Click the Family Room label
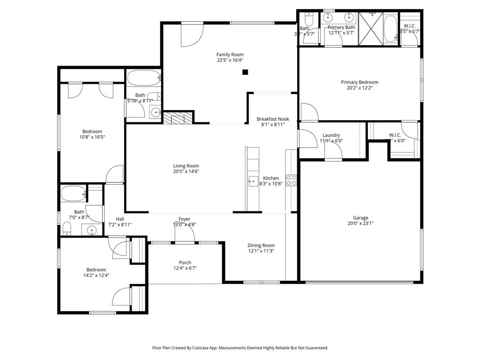click(x=230, y=54)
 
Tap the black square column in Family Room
click(x=245, y=72)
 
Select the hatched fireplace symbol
click(x=178, y=118)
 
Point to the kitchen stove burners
click(x=291, y=180)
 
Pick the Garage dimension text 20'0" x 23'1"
click(x=360, y=224)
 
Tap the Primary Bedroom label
click(x=360, y=82)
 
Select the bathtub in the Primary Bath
click(x=390, y=29)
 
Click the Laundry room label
click(x=331, y=135)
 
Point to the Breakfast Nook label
click(x=273, y=119)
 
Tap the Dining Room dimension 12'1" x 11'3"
click(x=261, y=251)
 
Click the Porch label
click(x=185, y=262)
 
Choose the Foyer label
click(x=184, y=219)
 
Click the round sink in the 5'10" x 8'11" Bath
click(x=155, y=112)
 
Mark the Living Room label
click(x=186, y=165)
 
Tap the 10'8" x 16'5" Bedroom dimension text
click(x=92, y=137)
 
